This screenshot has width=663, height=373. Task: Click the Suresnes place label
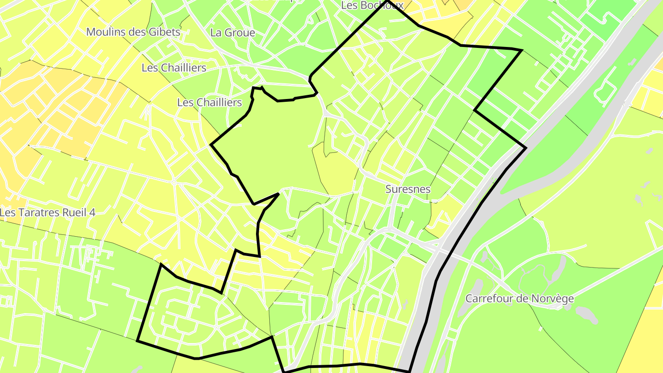[x=408, y=189]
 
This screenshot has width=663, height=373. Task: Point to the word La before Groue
[x=215, y=33]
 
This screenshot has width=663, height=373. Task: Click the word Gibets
[x=164, y=32]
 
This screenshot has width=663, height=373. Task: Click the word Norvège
[x=554, y=298]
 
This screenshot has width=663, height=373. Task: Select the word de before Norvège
[x=522, y=298]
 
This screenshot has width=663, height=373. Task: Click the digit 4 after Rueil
[x=92, y=213]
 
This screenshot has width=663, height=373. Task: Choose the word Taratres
[x=38, y=213]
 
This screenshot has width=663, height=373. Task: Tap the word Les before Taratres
[x=8, y=213]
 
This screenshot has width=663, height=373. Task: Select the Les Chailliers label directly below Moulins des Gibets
[x=174, y=68]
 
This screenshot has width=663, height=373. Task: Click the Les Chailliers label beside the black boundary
[x=209, y=102]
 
